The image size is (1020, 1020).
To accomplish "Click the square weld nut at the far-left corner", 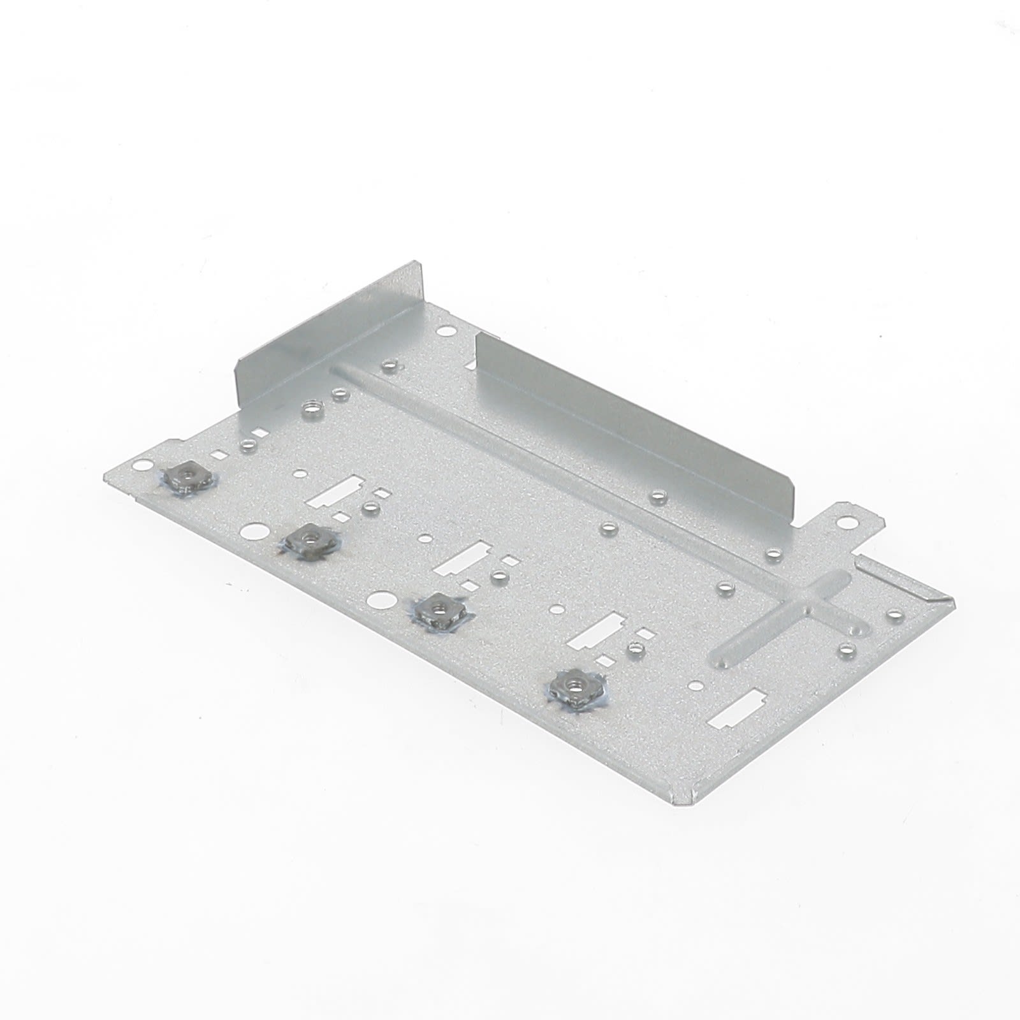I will tap(185, 474).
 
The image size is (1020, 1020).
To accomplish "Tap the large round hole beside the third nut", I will tap(378, 599).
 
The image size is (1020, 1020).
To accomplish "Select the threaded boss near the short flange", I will tap(312, 406).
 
